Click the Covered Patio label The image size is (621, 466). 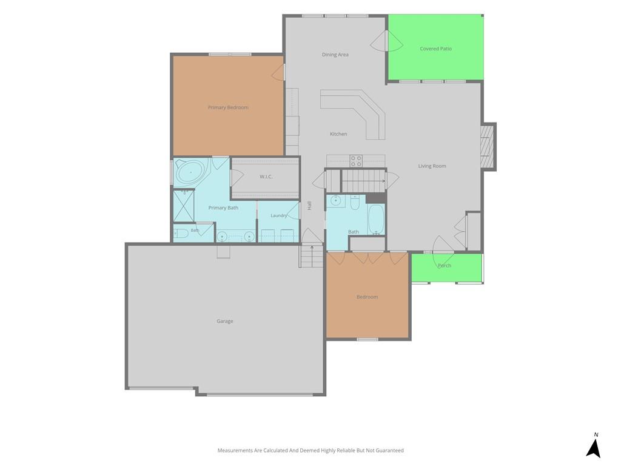click(x=435, y=49)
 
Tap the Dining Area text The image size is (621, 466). click(x=335, y=55)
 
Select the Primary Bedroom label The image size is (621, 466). click(x=228, y=107)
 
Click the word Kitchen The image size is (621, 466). click(x=338, y=134)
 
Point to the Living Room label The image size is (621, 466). click(x=432, y=166)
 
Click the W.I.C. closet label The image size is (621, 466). click(x=266, y=177)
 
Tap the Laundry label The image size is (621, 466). click(x=279, y=215)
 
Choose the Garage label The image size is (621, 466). click(x=224, y=321)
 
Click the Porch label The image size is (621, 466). click(x=445, y=266)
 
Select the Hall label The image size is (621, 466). click(x=309, y=206)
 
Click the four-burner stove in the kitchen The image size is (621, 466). click(x=355, y=161)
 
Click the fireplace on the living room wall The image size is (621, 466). click(x=488, y=147)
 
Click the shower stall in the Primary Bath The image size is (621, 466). click(x=184, y=206)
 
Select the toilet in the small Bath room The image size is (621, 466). click(x=181, y=234)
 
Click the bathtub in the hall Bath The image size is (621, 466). click(x=376, y=220)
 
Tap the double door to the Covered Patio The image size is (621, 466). click(x=386, y=41)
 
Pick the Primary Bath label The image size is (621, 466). click(x=223, y=208)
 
